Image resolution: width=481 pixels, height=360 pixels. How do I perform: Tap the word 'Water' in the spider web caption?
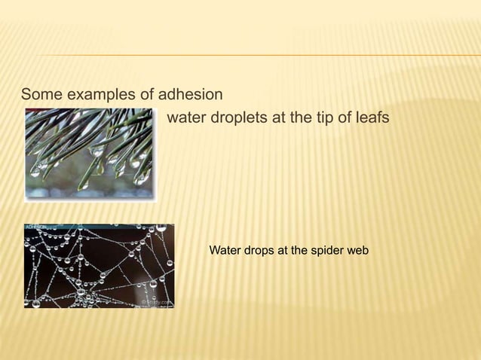click(x=224, y=249)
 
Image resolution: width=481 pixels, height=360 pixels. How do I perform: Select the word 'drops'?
click(x=259, y=249)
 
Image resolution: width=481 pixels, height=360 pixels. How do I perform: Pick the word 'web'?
click(x=357, y=249)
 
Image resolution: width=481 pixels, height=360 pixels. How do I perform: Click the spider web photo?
click(x=99, y=266)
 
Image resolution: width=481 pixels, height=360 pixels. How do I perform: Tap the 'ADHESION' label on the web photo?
click(x=37, y=227)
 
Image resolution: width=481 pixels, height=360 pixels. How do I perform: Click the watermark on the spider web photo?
click(x=157, y=303)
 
